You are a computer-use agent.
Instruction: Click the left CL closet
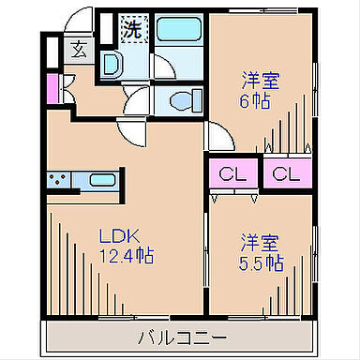coord(231,172)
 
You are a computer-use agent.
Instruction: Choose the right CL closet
coord(287,172)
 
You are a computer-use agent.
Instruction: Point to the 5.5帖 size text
coord(260,263)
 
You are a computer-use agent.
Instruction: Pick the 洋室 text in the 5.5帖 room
coord(260,243)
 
